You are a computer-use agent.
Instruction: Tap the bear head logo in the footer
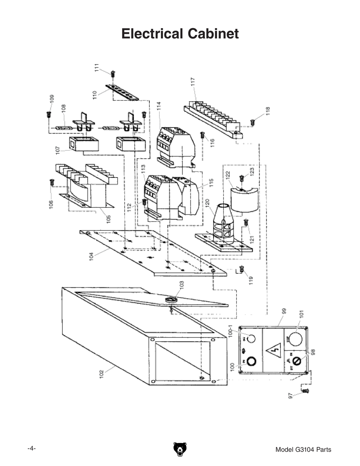[x=180, y=449]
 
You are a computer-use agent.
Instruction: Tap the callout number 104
[x=91, y=256]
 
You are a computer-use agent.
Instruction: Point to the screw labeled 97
[x=306, y=391]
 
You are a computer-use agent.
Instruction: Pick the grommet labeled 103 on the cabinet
[x=171, y=300]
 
